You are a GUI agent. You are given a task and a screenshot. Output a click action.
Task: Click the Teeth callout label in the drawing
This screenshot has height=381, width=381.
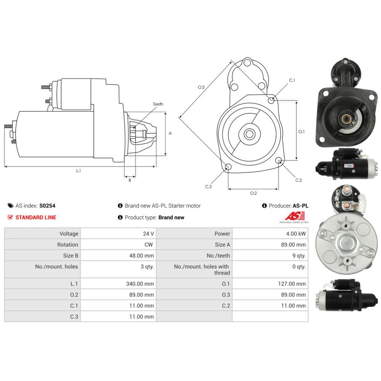tap(158, 104)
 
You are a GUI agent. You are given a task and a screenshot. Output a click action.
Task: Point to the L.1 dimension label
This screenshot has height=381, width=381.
tap(78, 171)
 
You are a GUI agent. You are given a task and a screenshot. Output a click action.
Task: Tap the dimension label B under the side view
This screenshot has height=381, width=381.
tap(130, 180)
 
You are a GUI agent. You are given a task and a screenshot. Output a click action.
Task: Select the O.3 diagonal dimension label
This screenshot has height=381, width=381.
tap(201, 87)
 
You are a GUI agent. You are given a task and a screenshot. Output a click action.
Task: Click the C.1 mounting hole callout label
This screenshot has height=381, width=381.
tap(292, 80)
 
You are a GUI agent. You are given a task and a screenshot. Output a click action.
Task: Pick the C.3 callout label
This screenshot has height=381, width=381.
tap(208, 187)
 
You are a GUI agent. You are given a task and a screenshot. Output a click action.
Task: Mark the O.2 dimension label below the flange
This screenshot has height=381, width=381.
tap(253, 193)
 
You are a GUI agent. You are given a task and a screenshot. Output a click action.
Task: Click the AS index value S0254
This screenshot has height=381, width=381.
tap(47, 206)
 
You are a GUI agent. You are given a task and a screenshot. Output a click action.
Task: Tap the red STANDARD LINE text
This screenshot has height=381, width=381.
tap(36, 218)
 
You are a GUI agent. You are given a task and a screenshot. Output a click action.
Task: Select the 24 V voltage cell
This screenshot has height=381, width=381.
tap(148, 234)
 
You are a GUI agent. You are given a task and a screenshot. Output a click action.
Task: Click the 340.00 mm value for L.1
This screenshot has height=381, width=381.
tap(141, 283)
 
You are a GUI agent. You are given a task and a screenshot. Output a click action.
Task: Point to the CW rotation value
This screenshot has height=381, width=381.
tap(149, 245)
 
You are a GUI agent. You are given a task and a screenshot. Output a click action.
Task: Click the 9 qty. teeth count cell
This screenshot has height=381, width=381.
tap(298, 256)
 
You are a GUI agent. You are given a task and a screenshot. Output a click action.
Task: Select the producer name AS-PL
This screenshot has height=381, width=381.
tap(301, 206)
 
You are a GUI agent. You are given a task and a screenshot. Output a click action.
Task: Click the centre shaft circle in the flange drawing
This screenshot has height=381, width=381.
tap(250, 134)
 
